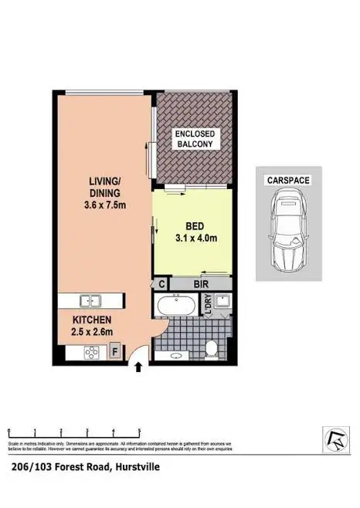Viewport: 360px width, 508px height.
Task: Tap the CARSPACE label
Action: pyautogui.click(x=287, y=180)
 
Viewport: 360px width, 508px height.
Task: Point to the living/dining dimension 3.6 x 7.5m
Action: pyautogui.click(x=104, y=205)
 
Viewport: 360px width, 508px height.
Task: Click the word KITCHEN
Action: pyautogui.click(x=93, y=320)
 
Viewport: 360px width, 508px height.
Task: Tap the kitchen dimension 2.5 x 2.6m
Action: pyautogui.click(x=93, y=332)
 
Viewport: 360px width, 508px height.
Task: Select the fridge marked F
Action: pyautogui.click(x=115, y=352)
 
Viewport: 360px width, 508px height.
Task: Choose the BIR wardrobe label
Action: pyautogui.click(x=201, y=283)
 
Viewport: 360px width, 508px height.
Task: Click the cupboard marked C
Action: pyautogui.click(x=161, y=283)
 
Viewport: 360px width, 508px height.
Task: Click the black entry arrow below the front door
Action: pyautogui.click(x=139, y=367)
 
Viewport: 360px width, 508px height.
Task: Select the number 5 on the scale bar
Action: pyautogui.click(x=139, y=432)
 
